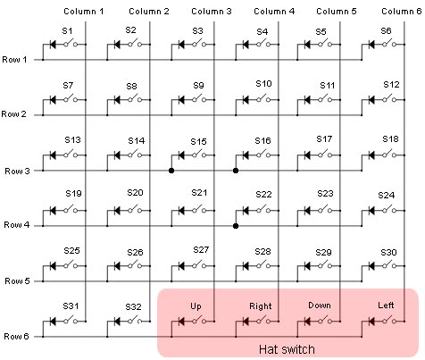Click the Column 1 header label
tap(84, 12)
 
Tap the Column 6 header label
tap(402, 12)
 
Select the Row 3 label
tap(17, 172)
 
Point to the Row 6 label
tap(16, 337)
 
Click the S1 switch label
tap(67, 31)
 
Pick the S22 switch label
tap(263, 195)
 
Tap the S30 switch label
tap(388, 253)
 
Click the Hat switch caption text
tap(287, 349)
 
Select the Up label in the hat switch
tap(196, 306)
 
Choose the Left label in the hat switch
tap(386, 306)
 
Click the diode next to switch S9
tap(181, 100)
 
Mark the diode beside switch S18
tap(371, 155)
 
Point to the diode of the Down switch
tap(307, 322)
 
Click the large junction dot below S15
tap(171, 171)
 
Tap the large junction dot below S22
tap(236, 226)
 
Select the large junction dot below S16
tap(236, 171)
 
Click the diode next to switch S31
tap(53, 322)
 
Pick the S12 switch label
tap(391, 85)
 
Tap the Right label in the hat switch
tap(261, 306)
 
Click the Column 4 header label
tap(274, 12)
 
